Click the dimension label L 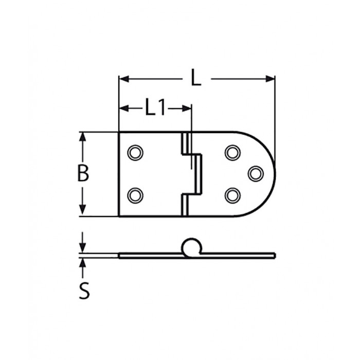[x=195, y=78]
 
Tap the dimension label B [x=83, y=174]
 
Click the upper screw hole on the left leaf [x=135, y=153]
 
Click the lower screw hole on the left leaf [x=135, y=194]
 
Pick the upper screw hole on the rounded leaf [x=232, y=153]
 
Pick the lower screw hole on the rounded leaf [x=232, y=194]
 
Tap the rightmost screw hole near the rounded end [x=255, y=173]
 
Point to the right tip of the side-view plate [x=274, y=255]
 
